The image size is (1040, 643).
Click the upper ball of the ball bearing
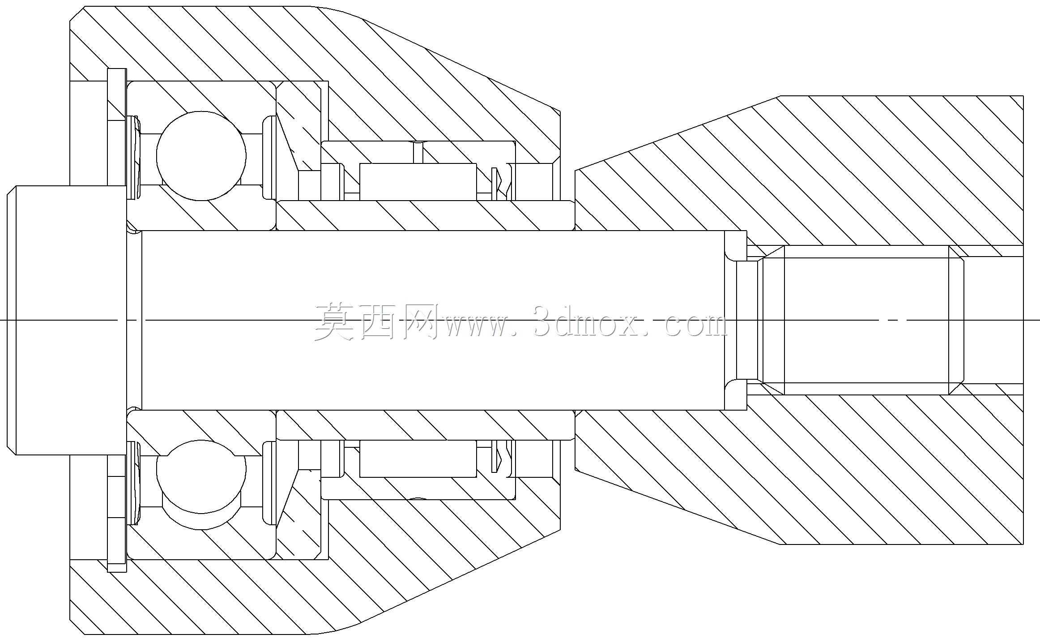pyautogui.click(x=201, y=155)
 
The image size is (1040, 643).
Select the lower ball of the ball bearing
pyautogui.click(x=201, y=485)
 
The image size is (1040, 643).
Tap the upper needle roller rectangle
pyautogui.click(x=418, y=182)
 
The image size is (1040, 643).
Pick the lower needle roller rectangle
pyautogui.click(x=418, y=459)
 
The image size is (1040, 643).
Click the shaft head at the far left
pyautogui.click(x=67, y=320)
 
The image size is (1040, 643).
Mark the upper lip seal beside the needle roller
pyautogui.click(x=501, y=183)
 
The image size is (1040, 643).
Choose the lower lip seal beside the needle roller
pyautogui.click(x=501, y=459)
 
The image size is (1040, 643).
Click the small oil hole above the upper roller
pyautogui.click(x=418, y=152)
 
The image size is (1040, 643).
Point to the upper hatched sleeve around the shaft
pyautogui.click(x=425, y=215)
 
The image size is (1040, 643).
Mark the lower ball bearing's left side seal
pyautogui.click(x=134, y=483)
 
